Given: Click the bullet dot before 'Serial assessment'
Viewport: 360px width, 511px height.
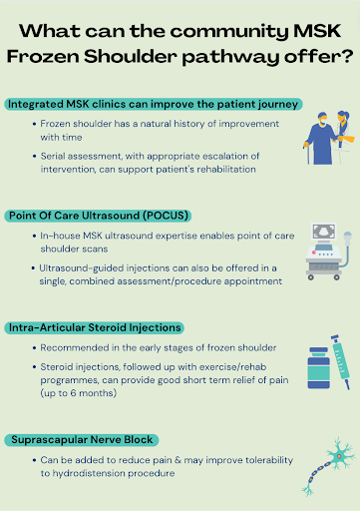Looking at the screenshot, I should pyautogui.click(x=32, y=156).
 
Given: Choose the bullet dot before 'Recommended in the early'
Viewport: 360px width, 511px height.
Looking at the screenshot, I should pyautogui.click(x=32, y=347).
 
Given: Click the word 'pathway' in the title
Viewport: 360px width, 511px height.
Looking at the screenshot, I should pyautogui.click(x=246, y=57).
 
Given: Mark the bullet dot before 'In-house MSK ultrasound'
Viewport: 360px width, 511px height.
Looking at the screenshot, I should pyautogui.click(x=32, y=235).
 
